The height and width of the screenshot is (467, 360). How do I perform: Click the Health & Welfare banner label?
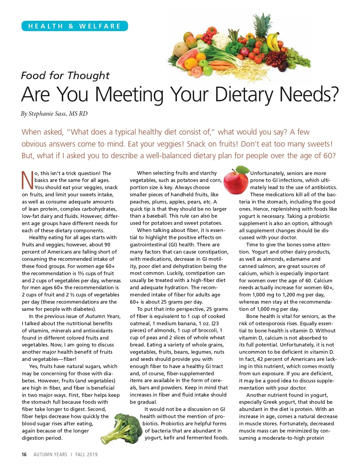[74, 26]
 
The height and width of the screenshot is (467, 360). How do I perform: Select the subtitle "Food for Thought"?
[65, 76]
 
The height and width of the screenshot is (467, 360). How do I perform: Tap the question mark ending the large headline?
[333, 94]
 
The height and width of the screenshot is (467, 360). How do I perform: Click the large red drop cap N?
[27, 180]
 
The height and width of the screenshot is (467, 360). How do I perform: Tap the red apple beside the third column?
[236, 180]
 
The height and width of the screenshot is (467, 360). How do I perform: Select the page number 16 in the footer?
[24, 454]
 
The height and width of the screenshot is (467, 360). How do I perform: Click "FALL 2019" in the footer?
[86, 454]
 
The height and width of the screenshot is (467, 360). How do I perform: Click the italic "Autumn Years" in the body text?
[102, 316]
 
